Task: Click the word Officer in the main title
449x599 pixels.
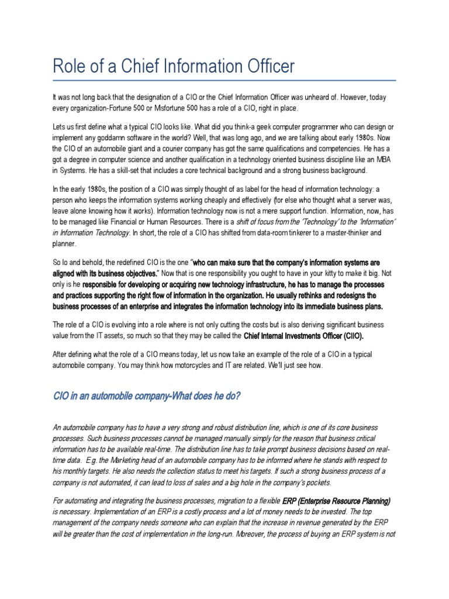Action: (263, 66)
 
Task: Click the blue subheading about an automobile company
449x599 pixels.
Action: (146, 396)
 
